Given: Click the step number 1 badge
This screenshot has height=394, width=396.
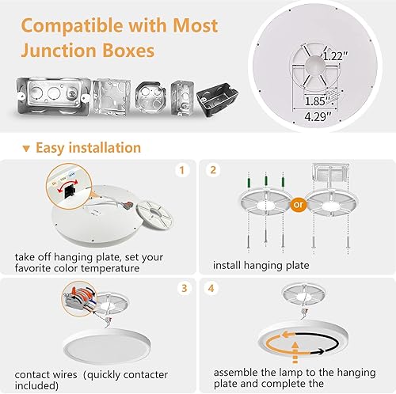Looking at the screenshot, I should click(x=181, y=170).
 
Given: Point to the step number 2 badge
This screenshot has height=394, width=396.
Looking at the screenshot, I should click(x=213, y=170).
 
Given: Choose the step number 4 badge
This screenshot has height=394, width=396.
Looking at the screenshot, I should click(x=213, y=289).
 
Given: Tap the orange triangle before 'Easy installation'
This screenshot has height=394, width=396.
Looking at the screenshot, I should click(x=27, y=149).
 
